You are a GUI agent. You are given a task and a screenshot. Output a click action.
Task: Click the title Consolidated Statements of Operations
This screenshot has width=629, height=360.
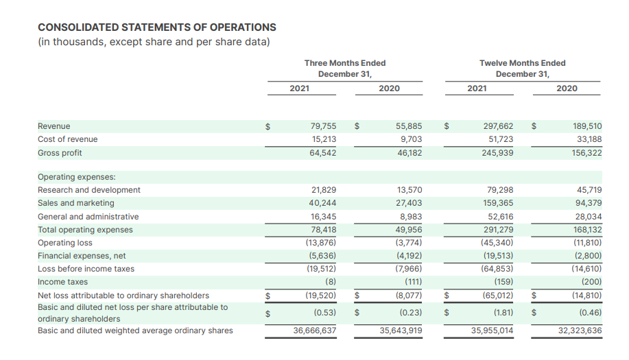[157, 27]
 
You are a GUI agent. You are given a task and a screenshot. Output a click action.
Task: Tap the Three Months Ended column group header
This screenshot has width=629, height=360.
[345, 69]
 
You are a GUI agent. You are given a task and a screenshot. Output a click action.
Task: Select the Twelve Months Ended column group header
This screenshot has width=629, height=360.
[522, 69]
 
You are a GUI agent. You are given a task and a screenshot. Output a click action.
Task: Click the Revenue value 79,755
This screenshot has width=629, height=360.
[323, 126]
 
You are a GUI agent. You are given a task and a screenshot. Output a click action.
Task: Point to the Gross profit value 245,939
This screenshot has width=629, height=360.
[497, 153]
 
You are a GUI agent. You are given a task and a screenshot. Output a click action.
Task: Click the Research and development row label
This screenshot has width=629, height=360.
[89, 190]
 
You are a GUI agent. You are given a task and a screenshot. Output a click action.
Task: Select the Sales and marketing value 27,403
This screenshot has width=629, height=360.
[409, 203]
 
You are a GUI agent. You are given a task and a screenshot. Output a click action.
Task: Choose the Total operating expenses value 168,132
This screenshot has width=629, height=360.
[587, 230]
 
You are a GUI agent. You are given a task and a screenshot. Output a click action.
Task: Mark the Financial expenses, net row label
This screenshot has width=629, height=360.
[82, 256]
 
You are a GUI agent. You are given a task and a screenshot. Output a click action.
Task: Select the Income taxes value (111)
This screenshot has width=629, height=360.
[413, 282]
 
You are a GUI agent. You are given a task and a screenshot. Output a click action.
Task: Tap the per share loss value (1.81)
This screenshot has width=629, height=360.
[503, 312]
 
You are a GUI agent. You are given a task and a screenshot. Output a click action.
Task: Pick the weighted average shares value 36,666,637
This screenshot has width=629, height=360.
[314, 331]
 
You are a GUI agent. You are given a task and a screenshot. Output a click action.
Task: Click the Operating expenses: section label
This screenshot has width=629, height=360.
[77, 177]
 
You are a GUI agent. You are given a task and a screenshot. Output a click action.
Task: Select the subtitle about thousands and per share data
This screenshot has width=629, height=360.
[154, 42]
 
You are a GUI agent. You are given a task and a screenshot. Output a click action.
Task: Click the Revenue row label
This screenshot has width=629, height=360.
[54, 126]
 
